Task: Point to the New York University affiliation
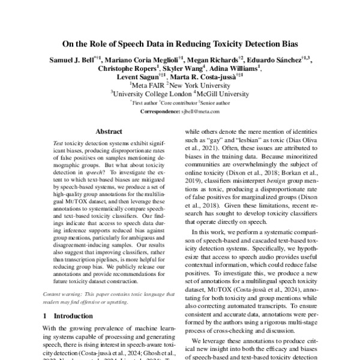pyautogui.click(x=196, y=86)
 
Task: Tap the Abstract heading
pyautogui.click(x=109, y=130)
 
